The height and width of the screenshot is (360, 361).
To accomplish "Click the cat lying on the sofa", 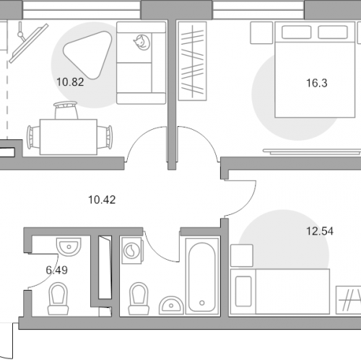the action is point(142,43).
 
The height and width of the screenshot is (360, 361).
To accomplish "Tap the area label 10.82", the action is point(70,82).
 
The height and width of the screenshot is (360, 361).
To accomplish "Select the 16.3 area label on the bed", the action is point(317,83).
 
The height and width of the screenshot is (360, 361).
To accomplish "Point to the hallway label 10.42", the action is point(102,200).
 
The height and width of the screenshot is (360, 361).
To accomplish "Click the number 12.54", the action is point(320,232).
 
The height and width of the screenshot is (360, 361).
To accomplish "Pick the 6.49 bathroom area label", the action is point(57,271).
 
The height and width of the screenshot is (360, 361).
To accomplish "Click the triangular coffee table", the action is point(87,55).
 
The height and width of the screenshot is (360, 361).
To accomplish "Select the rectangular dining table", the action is point(69,137).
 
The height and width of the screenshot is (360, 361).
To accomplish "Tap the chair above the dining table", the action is point(66,110).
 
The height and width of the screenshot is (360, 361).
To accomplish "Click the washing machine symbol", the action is point(132,250).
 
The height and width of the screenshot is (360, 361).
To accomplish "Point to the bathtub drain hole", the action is point(202,303).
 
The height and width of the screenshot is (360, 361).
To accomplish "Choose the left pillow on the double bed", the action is point(296,32).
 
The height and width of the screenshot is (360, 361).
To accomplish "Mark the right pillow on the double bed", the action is point(333,32).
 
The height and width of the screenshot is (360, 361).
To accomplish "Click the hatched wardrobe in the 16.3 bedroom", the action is point(192,61).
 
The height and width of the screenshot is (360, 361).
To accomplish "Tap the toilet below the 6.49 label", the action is point(58,299).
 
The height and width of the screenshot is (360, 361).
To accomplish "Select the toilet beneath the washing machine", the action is point(139,299).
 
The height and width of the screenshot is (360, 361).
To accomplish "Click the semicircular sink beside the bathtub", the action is point(171,305).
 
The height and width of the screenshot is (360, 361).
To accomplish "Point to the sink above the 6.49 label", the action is point(69,247).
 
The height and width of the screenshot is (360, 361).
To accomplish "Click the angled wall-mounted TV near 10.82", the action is point(29,43).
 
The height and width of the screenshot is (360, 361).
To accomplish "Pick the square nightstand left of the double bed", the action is point(261,33).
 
